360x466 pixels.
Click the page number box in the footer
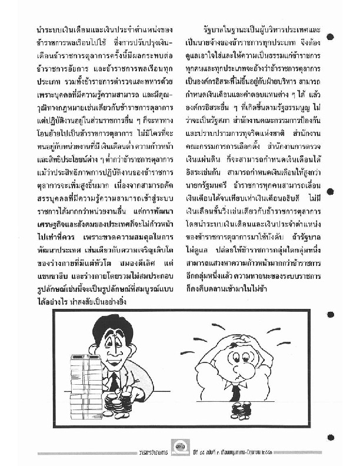[181, 450]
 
